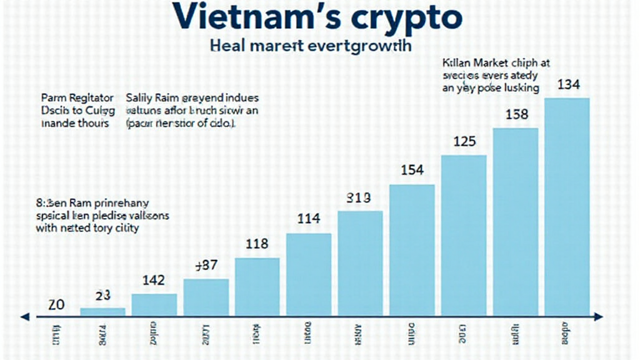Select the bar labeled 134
(x=567, y=206)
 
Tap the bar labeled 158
(x=515, y=221)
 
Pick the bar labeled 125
(x=464, y=235)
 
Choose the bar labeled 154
(x=412, y=250)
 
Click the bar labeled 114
(x=309, y=274)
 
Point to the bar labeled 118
(x=257, y=286)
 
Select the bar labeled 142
(x=154, y=304)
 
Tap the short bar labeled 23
(x=102, y=311)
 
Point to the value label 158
(x=516, y=115)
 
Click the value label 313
(x=359, y=198)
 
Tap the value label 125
(x=464, y=142)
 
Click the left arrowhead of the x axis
(x=24, y=317)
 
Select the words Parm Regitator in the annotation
(x=77, y=98)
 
